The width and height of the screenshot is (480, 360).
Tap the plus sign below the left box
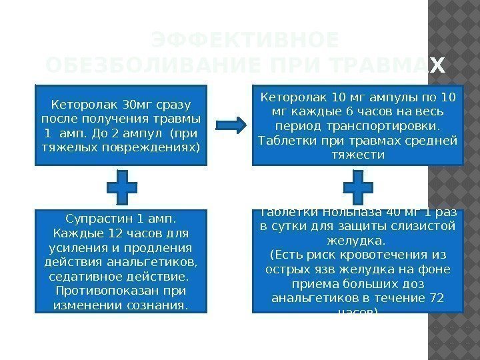pyautogui.click(x=122, y=187)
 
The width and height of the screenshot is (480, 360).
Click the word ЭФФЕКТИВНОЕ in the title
pyautogui.click(x=244, y=41)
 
